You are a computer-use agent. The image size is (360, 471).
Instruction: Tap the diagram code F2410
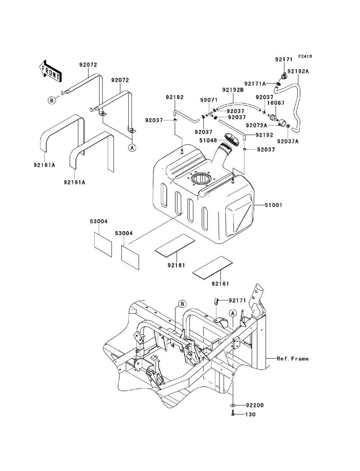305,56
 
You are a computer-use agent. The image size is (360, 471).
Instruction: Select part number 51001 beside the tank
273,205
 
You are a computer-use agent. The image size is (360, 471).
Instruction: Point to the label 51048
208,141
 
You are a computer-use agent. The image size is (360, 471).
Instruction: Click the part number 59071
209,100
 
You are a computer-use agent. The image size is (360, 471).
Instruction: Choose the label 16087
276,103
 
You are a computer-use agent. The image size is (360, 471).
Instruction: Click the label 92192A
298,71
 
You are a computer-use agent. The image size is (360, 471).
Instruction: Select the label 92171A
255,84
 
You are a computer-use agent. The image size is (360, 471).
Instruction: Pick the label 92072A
257,125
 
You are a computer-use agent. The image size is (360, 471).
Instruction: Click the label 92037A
288,141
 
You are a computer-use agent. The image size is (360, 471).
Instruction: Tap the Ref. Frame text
293,359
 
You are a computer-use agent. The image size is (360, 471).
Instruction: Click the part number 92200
255,406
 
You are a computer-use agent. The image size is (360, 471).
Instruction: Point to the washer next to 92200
233,405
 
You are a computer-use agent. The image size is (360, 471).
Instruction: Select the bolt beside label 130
233,415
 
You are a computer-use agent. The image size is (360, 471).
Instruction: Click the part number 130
251,415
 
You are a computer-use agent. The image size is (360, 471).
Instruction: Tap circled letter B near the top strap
52,100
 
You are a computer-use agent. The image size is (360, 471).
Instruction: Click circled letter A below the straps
132,148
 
